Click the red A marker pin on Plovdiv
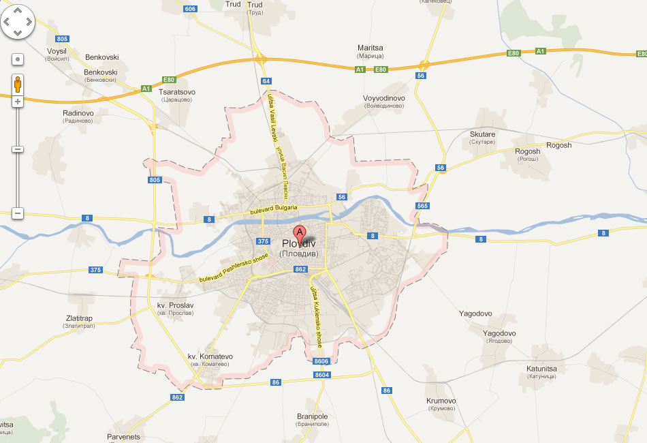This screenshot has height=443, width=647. tap(300, 230)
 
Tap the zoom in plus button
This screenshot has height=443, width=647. tap(18, 102)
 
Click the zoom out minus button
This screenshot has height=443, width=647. tap(18, 213)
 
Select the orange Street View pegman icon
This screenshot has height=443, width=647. tap(18, 84)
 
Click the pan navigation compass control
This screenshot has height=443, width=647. tap(18, 22)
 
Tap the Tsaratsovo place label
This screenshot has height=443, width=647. tap(177, 92)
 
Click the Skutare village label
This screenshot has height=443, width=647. tap(482, 134)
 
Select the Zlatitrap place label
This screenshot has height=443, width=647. tap(79, 318)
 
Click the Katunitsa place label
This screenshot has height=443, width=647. tap(542, 369)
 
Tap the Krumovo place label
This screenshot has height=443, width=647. tap(441, 401)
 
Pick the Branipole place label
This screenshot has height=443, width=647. tap(313, 416)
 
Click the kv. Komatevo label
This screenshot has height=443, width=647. tap(210, 356)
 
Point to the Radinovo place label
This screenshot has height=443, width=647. tap(78, 113)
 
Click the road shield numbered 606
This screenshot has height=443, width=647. tap(190, 9)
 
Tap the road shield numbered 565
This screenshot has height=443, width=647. tap(423, 206)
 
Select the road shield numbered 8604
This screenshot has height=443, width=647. tap(322, 375)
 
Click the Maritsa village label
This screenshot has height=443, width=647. tap(370, 48)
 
